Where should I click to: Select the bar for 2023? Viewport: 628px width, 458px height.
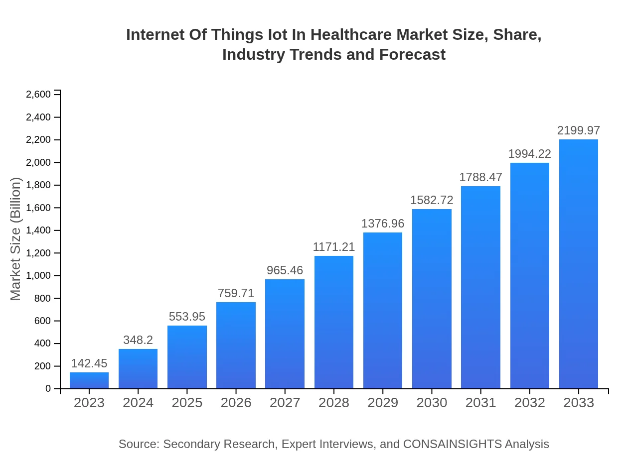(89, 380)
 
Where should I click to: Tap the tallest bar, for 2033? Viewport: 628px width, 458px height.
(579, 264)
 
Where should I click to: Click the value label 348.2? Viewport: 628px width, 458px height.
(138, 340)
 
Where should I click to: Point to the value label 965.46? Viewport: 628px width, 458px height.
(285, 270)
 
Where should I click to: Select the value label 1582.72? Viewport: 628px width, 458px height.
(432, 200)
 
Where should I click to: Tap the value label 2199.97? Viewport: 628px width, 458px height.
(579, 130)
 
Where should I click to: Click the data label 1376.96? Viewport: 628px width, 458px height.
(383, 224)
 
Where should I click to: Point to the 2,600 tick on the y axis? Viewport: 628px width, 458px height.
(38, 95)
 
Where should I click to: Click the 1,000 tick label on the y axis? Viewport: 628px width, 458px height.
(38, 276)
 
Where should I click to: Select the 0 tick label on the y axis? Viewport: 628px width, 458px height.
(48, 389)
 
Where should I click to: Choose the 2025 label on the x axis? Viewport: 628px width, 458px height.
(187, 403)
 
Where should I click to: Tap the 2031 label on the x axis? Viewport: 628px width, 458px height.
(480, 403)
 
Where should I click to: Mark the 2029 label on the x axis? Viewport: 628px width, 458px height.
(383, 403)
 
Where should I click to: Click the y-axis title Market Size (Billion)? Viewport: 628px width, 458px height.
(16, 239)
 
